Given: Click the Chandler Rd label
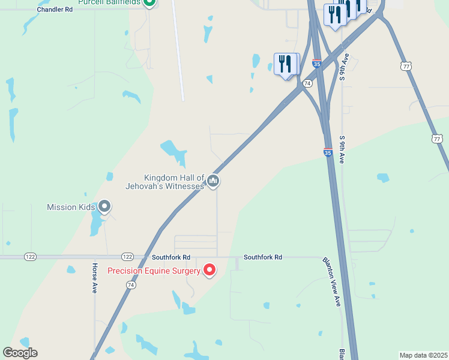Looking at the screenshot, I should [54, 10].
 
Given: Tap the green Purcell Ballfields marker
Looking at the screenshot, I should [150, 2].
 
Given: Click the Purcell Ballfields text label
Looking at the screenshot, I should [109, 2].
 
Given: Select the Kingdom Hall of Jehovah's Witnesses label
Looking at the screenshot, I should [173, 182].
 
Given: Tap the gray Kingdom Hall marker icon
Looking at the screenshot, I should [212, 181].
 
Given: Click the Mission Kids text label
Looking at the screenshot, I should [71, 208].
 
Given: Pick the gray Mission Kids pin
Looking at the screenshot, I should [104, 207].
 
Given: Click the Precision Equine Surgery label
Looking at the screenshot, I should [154, 271].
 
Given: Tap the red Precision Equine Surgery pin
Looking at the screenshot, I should [209, 270].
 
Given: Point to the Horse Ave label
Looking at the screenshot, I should [95, 277].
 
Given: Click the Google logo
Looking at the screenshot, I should [20, 353].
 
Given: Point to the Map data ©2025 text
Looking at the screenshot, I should [423, 355].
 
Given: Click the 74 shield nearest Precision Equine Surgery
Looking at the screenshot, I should [131, 286].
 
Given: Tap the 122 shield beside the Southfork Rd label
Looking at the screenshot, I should [127, 256].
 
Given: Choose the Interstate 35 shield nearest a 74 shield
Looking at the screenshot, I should [317, 63].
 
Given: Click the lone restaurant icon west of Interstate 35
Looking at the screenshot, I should [285, 64].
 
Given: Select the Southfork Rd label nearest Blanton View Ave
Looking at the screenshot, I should [262, 257].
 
